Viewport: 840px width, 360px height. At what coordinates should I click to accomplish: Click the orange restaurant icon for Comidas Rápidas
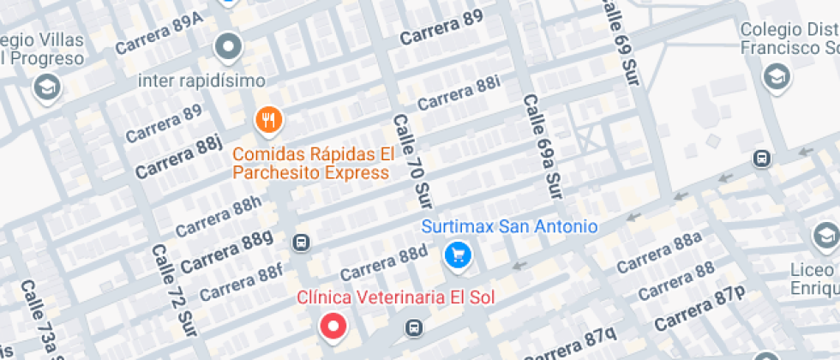point(269,121)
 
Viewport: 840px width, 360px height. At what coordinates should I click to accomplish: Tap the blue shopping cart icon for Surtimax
point(458,255)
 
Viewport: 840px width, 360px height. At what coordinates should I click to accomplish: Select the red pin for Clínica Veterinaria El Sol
point(333,326)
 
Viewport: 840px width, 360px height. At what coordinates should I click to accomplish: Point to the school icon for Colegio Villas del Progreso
point(45,87)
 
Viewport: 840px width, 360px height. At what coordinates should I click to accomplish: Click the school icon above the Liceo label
point(825,235)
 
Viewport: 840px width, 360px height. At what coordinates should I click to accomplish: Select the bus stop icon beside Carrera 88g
point(301,243)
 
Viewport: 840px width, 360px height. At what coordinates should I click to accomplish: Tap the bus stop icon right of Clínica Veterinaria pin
point(414,328)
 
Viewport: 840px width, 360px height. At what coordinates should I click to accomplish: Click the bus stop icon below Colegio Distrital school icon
point(759,159)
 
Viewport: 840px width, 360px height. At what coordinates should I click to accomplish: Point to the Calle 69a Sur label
point(542,147)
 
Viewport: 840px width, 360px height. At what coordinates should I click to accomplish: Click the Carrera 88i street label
point(459,94)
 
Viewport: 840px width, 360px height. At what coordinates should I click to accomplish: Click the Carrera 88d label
point(383,263)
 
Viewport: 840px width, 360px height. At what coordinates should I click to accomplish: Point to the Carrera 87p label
point(699,311)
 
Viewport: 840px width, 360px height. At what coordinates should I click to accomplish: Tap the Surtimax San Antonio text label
point(509,227)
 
